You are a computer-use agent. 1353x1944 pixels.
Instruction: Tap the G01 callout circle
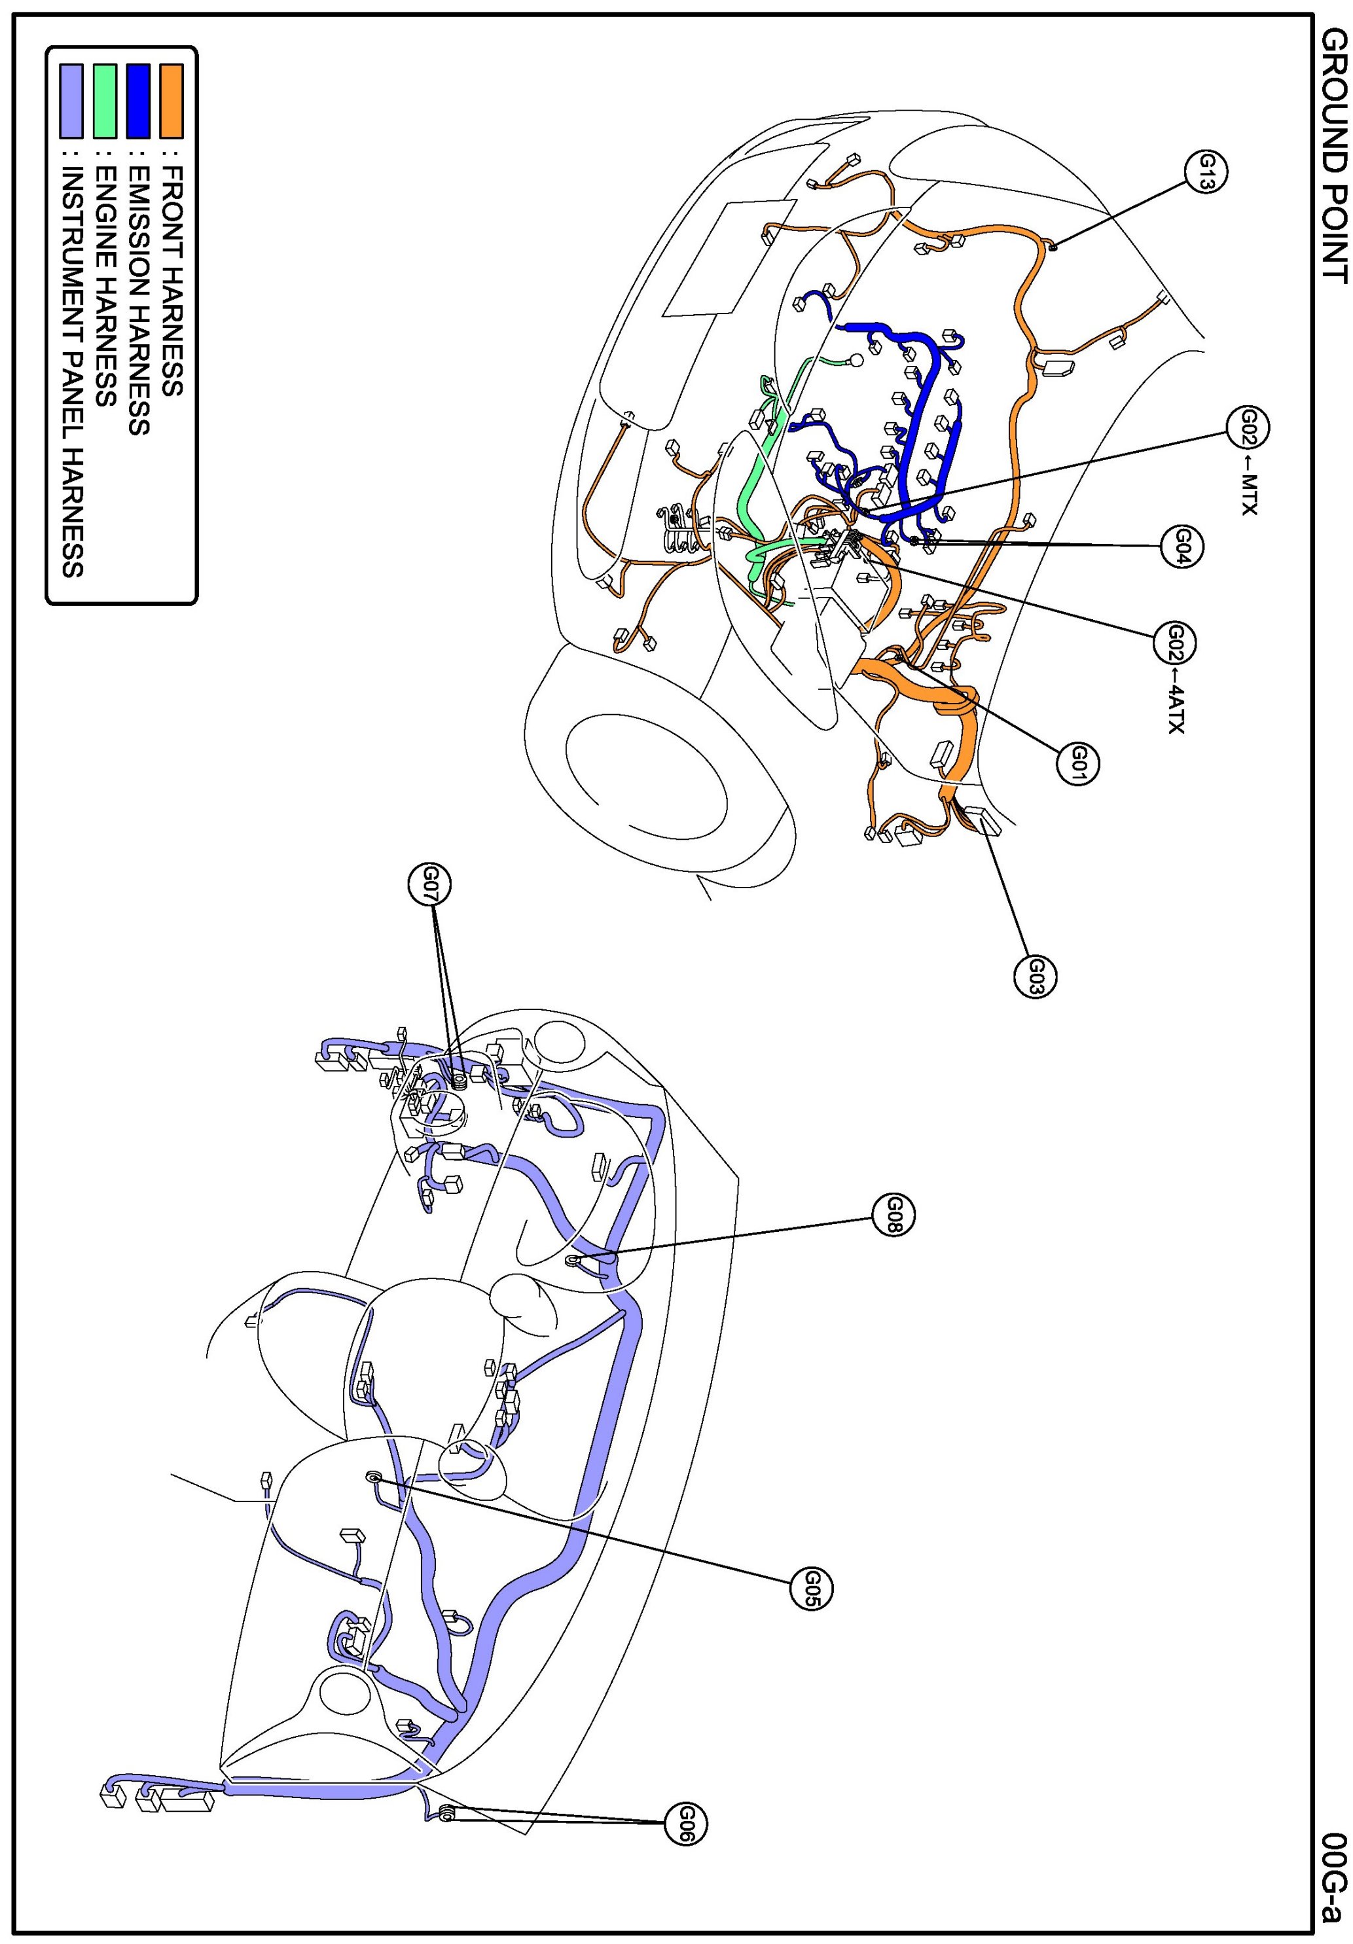coord(1078,764)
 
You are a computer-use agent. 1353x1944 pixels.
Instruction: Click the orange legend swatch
coord(171,101)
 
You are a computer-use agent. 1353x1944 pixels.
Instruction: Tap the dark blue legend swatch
coord(138,101)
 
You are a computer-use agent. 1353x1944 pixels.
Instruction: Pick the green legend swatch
coord(105,101)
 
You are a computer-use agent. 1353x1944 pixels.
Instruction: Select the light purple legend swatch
coord(71,101)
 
